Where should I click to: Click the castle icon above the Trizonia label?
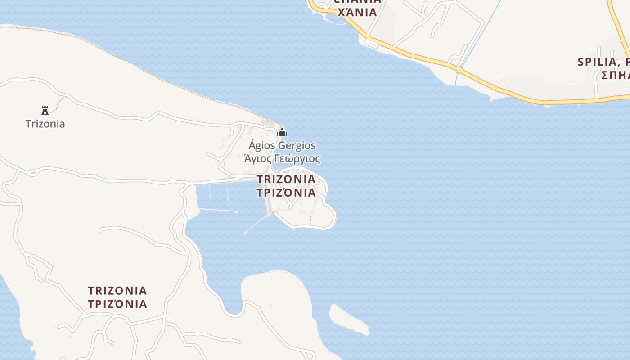tap(45, 110)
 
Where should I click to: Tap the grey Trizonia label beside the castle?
tap(45, 124)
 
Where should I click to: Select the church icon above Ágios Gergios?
tap(282, 132)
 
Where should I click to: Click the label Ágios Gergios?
tap(282, 146)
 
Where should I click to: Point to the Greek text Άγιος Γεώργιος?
tap(282, 159)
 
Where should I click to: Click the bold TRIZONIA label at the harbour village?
tap(286, 179)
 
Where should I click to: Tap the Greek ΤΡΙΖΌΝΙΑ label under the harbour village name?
tap(286, 193)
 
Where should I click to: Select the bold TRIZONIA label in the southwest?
tap(117, 290)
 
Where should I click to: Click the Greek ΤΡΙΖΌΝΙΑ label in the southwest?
tap(117, 304)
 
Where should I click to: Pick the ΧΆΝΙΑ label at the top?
tap(357, 12)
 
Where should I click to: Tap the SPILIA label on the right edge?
tap(603, 62)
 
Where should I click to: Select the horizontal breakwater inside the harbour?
tap(218, 210)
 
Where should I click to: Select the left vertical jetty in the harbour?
tap(210, 192)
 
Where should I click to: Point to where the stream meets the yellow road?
tap(459, 70)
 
